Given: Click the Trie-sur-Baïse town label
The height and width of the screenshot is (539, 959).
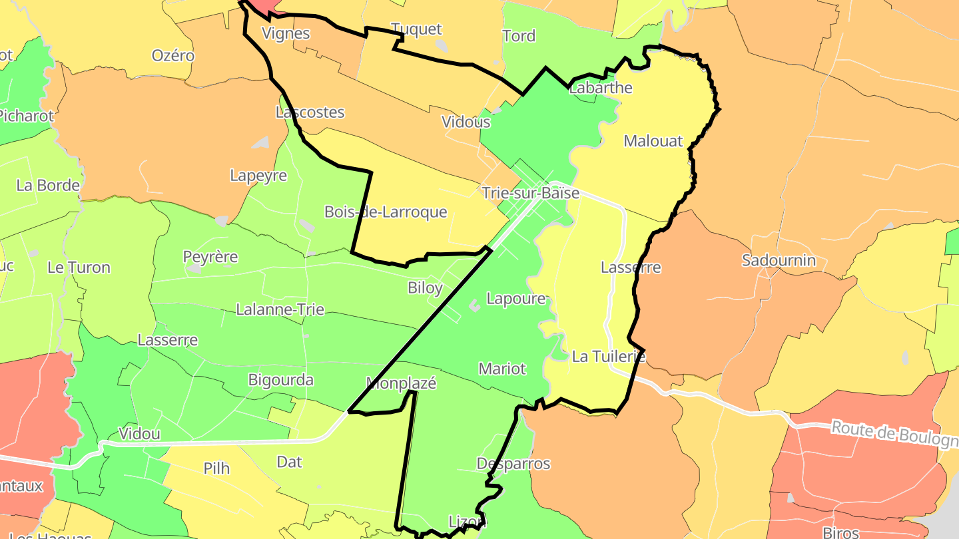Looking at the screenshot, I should tap(530, 194).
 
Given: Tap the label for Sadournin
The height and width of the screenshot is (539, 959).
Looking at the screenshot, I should tap(779, 260).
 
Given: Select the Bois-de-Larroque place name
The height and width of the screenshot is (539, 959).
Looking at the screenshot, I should tap(386, 212).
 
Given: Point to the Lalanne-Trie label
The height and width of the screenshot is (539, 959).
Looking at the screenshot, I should tap(280, 309).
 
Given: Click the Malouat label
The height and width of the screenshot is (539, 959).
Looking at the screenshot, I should tap(653, 141).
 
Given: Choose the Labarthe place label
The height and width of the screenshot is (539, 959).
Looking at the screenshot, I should tap(601, 88).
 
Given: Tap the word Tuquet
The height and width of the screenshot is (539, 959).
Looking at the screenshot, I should tap(416, 29).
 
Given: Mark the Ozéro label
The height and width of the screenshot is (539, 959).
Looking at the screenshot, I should tap(173, 55).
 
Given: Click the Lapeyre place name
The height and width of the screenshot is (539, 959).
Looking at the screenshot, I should tap(258, 176).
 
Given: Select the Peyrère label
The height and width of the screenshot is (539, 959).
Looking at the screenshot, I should tap(210, 257).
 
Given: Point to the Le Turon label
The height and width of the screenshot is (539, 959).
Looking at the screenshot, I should tap(79, 268).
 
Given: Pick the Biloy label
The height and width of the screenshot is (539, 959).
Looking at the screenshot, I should tap(425, 288).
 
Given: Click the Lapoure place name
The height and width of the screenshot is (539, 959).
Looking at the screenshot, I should tap(516, 299).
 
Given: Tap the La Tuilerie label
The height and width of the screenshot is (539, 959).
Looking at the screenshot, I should tap(609, 357).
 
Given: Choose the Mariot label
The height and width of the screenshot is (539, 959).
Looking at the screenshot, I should tap(502, 369).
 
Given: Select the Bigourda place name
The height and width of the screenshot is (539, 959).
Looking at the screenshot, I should tap(280, 381).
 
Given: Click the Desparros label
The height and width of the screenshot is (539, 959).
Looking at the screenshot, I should tap(513, 463).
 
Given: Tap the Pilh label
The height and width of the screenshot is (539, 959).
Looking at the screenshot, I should tap(216, 468).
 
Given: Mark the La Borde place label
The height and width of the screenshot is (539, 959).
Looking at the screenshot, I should tap(48, 186).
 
